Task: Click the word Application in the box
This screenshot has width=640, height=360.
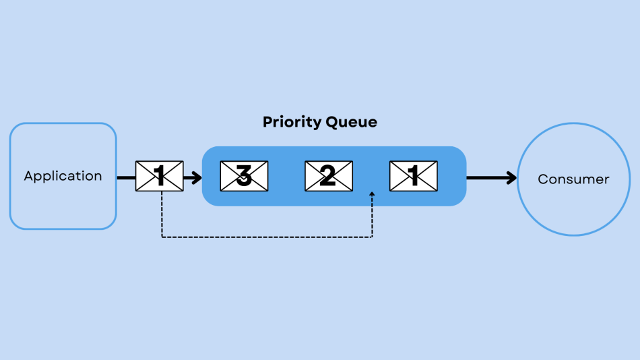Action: coord(63,176)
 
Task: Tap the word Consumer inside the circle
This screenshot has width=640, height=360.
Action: coord(573,179)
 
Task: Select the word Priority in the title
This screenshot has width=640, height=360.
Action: coord(292,123)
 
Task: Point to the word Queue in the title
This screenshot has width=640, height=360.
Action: coord(351,123)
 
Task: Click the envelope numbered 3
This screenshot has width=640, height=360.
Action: coord(244,176)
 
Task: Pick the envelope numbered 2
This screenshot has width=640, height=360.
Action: coord(329,176)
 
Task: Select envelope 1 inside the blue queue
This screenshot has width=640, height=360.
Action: coord(413,176)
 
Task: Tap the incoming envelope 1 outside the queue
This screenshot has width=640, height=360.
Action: coord(160,176)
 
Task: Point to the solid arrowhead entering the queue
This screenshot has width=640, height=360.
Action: coord(197,178)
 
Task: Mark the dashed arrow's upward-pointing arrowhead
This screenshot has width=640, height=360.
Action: coord(372,194)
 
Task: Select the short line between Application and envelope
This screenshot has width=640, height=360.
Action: coord(126,178)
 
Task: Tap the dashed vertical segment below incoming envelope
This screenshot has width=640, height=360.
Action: coord(162,214)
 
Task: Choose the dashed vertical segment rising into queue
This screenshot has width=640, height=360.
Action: coord(372,217)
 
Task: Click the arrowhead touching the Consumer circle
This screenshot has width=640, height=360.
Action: coord(512,178)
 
